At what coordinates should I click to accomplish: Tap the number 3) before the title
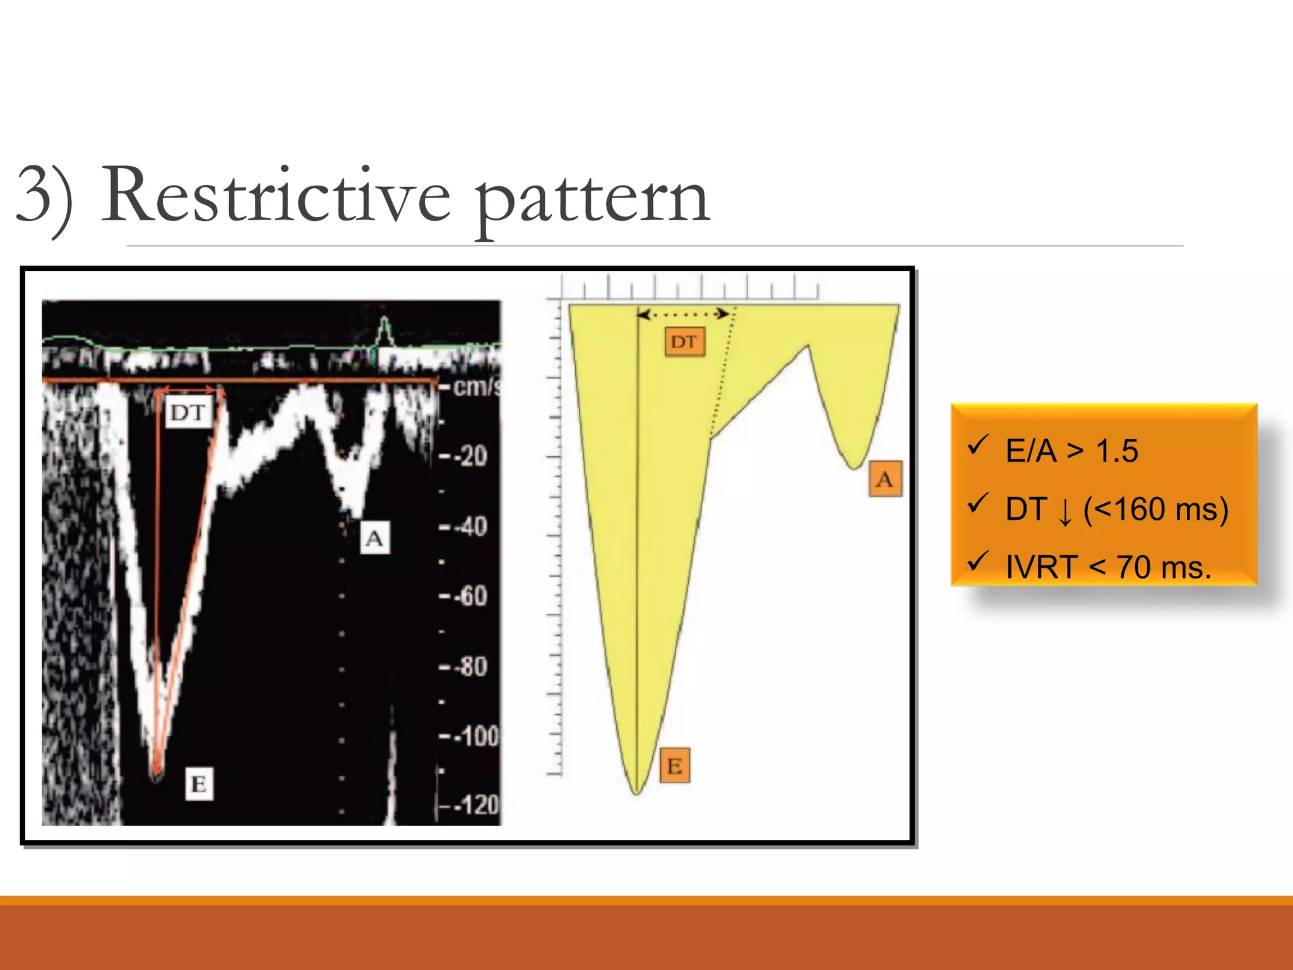[44, 196]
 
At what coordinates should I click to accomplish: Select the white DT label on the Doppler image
[188, 413]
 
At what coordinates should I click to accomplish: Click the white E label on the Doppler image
[199, 784]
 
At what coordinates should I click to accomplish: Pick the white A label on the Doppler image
[374, 538]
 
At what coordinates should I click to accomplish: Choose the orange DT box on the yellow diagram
[684, 342]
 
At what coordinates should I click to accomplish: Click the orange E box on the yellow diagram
[675, 765]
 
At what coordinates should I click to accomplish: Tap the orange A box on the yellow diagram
[885, 479]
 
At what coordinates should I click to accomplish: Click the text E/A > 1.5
[1071, 451]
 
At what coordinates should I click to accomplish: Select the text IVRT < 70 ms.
[1108, 567]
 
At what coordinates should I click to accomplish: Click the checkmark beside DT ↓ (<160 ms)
[977, 503]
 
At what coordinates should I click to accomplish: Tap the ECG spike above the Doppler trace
[384, 328]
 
